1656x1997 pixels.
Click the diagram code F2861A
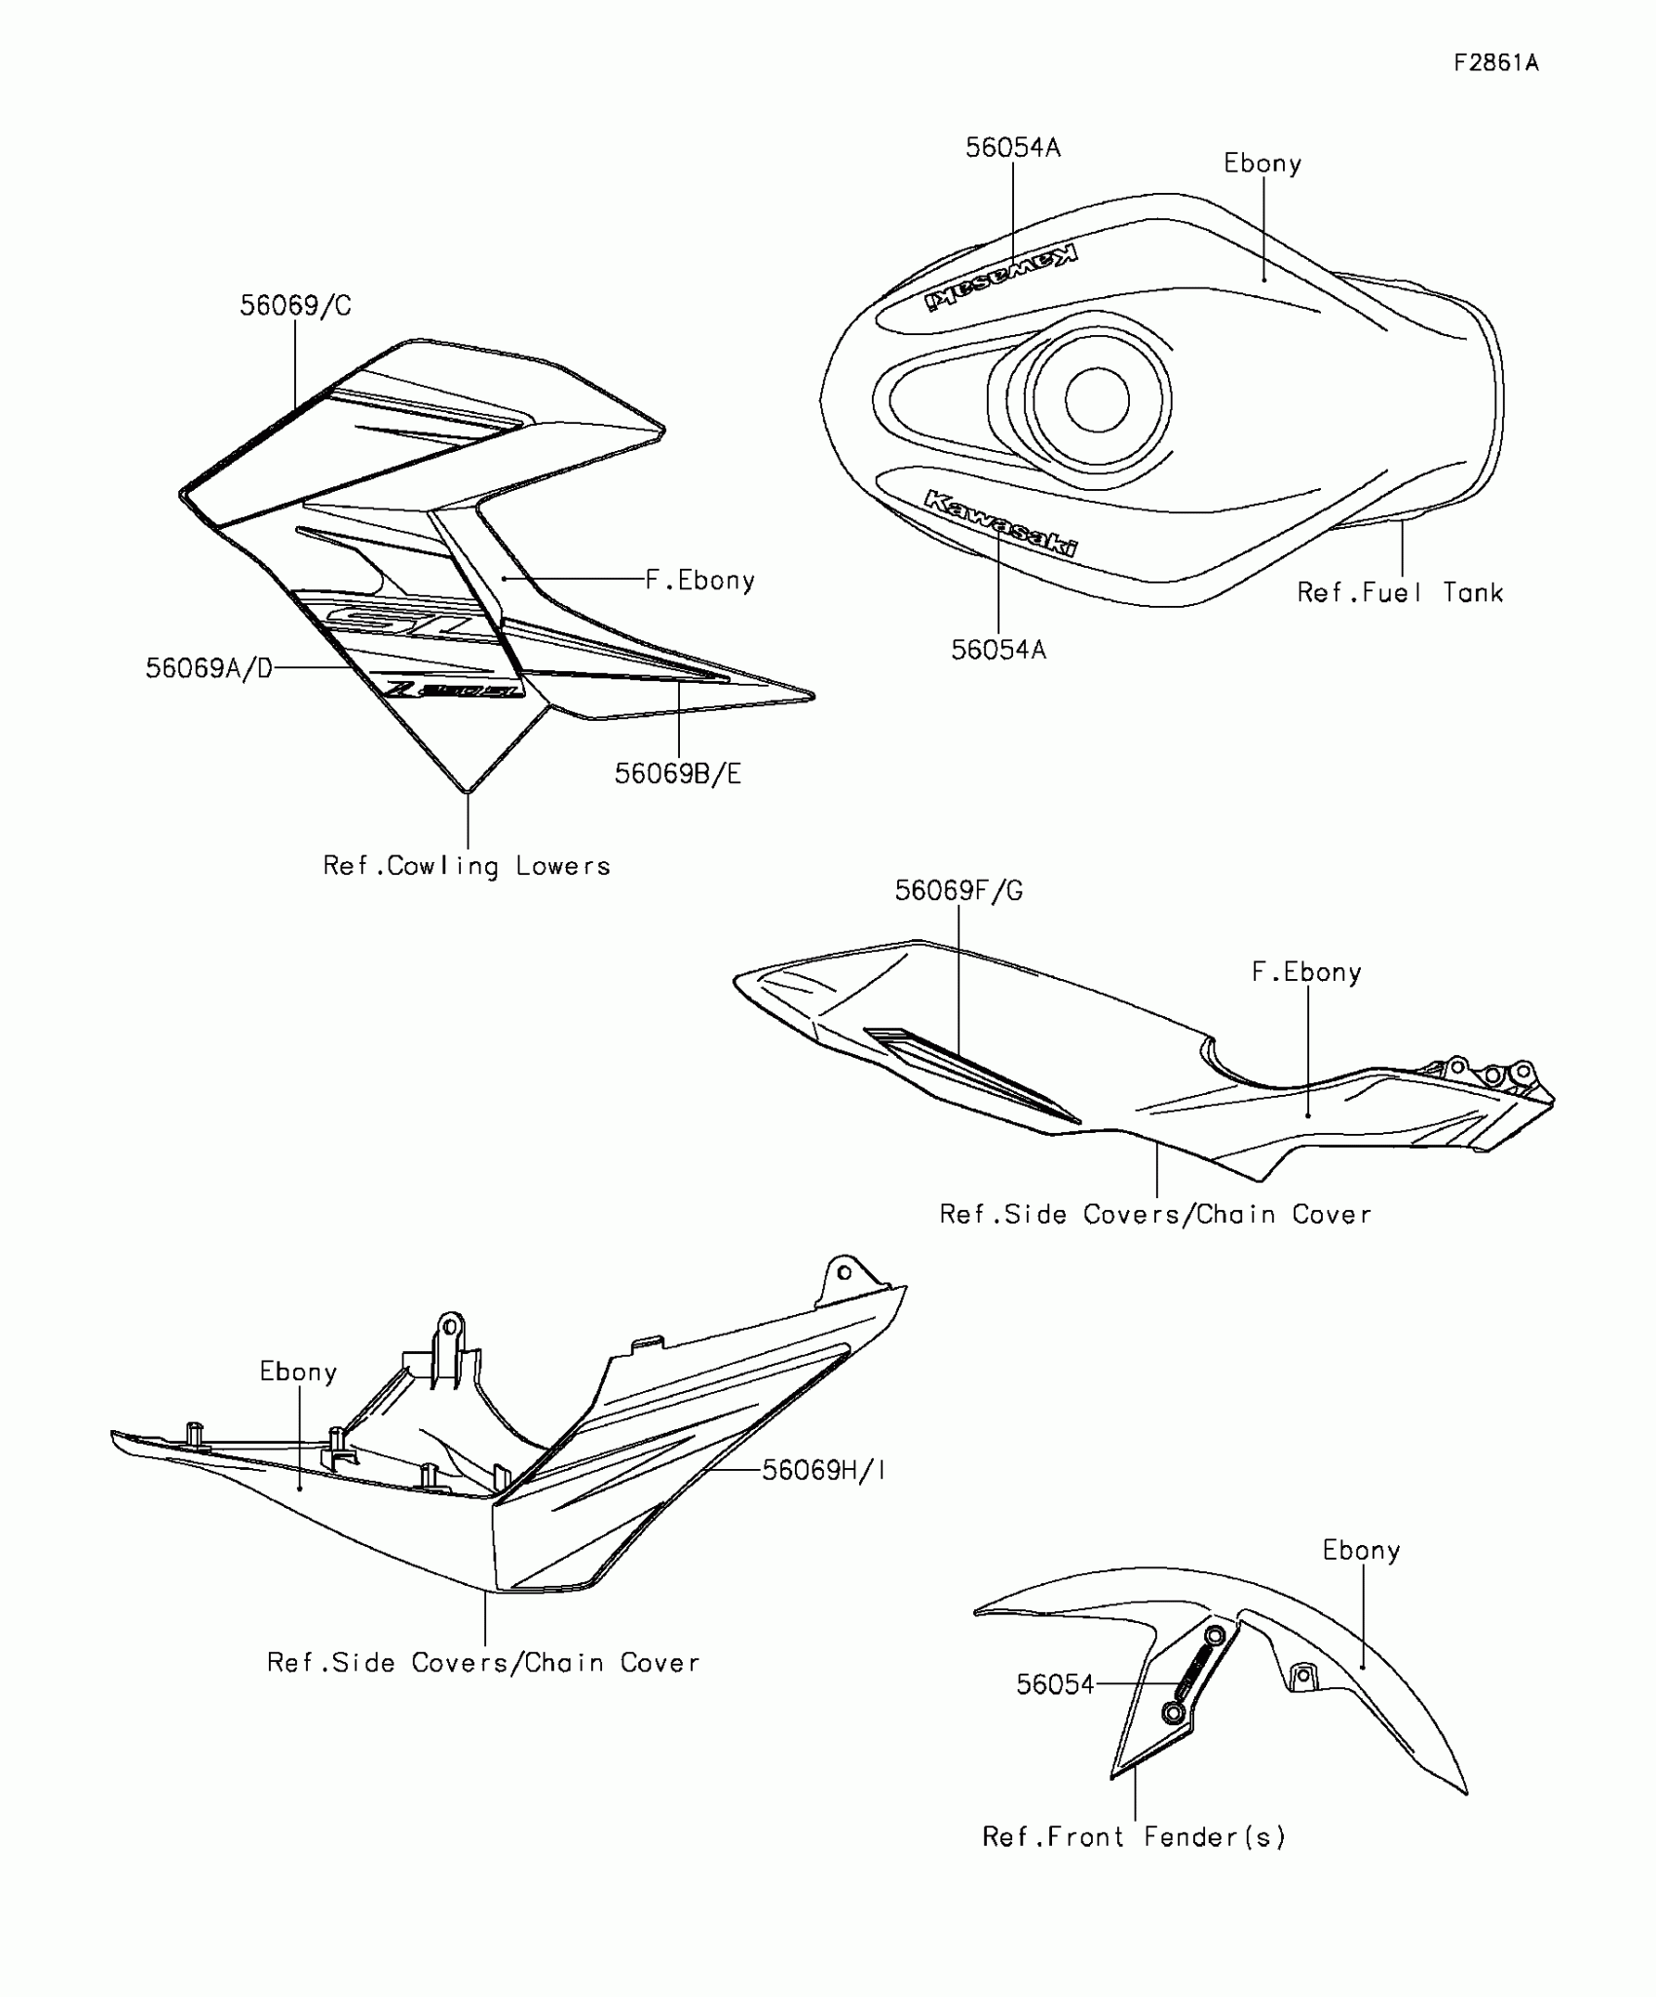coord(1495,63)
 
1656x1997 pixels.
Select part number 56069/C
coord(295,306)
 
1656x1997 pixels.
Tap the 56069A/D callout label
coord(209,668)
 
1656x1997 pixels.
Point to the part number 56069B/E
coord(678,773)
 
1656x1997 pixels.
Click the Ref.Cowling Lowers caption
coord(467,866)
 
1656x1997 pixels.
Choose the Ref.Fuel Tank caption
coord(1400,592)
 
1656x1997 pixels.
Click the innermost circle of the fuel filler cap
coord(1097,399)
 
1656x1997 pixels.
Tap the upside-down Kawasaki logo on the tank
coord(1001,279)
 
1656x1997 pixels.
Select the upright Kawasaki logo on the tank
coord(1001,524)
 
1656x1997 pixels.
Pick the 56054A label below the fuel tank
coord(998,650)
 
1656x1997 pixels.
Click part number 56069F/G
coord(959,890)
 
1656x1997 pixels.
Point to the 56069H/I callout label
coord(823,1470)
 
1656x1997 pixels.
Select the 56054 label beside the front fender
coord(1055,1684)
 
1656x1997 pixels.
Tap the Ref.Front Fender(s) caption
coord(1134,1836)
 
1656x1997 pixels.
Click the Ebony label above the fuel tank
coord(1262,164)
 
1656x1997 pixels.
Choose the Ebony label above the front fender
coord(1361,1550)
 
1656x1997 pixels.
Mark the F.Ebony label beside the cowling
coord(700,581)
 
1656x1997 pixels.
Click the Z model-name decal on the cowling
coord(454,689)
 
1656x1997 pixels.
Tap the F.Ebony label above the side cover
coord(1306,972)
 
